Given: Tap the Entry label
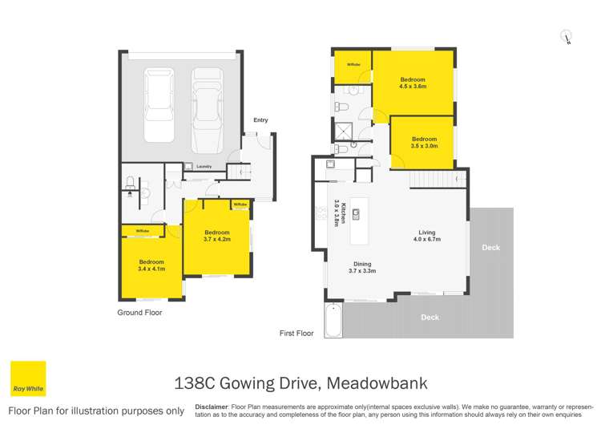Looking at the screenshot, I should [260, 120].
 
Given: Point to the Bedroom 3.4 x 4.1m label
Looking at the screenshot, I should [151, 265].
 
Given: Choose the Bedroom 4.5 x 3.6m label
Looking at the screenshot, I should [413, 83].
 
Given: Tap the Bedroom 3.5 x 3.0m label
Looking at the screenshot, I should [424, 143].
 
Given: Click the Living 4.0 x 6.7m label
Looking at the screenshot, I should [427, 236].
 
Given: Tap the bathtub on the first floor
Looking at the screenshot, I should [333, 321].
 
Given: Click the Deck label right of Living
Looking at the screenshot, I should [490, 248].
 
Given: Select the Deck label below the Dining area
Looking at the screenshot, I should [430, 318].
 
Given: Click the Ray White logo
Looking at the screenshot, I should [27, 378].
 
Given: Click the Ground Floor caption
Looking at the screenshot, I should [139, 313].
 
